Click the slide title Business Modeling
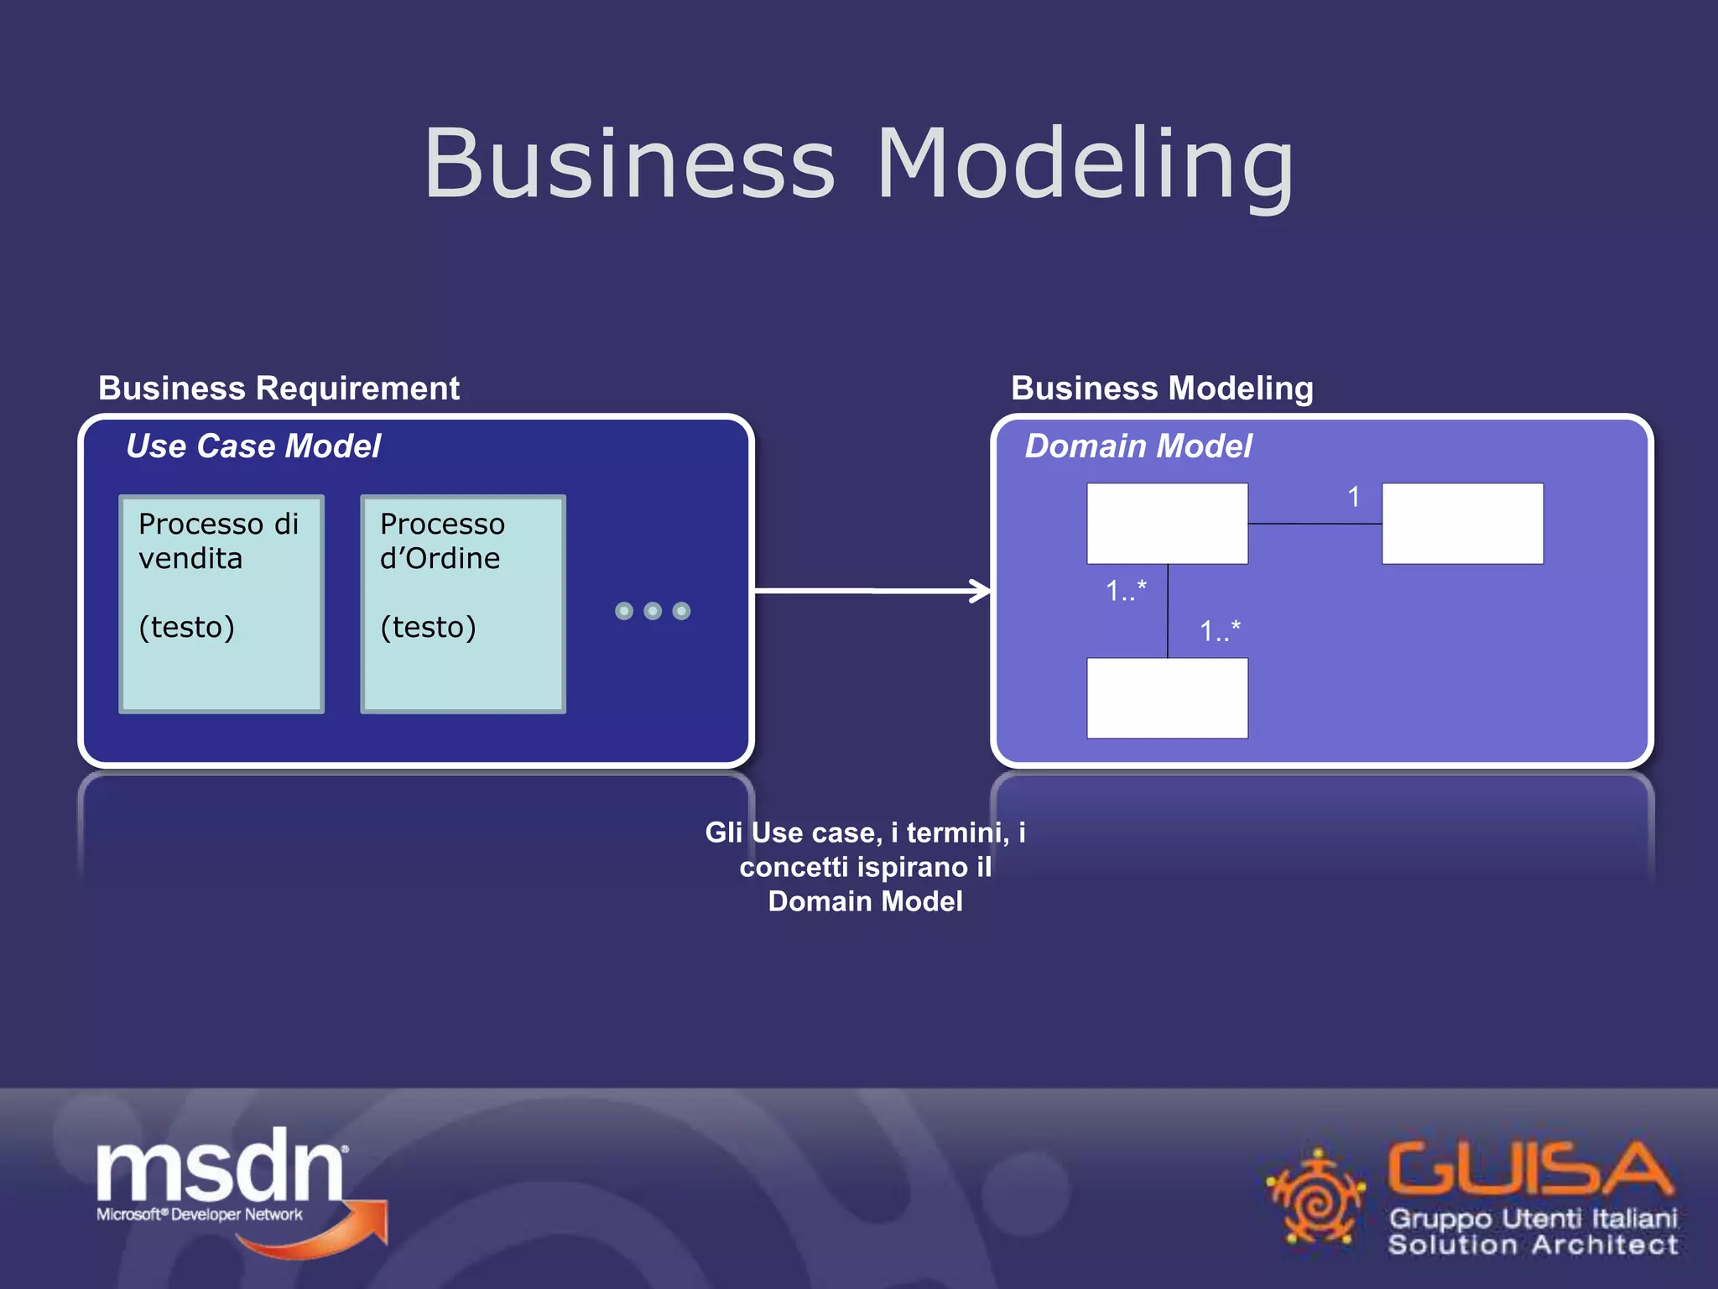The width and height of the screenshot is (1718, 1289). click(x=859, y=164)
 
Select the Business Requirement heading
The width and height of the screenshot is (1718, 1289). click(x=279, y=389)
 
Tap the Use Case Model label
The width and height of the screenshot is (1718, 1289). click(x=253, y=446)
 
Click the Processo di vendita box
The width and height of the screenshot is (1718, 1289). click(x=221, y=604)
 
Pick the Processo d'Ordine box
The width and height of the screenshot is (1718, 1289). click(x=463, y=604)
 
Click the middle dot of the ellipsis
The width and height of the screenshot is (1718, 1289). click(x=653, y=611)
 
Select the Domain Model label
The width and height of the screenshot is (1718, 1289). click(x=1138, y=446)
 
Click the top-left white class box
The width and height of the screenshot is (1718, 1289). click(x=1167, y=524)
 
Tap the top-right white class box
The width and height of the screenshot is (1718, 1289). click(x=1462, y=524)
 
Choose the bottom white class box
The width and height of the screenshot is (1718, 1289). click(x=1167, y=698)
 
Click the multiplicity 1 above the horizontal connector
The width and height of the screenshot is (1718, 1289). click(x=1353, y=497)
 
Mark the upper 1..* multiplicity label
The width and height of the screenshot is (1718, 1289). click(x=1126, y=591)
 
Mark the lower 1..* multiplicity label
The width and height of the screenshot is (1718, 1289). click(x=1220, y=631)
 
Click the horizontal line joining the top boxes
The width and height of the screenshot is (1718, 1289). click(x=1315, y=524)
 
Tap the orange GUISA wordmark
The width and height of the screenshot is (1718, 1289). click(x=1528, y=1168)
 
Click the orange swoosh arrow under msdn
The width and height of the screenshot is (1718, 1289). click(x=336, y=1234)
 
